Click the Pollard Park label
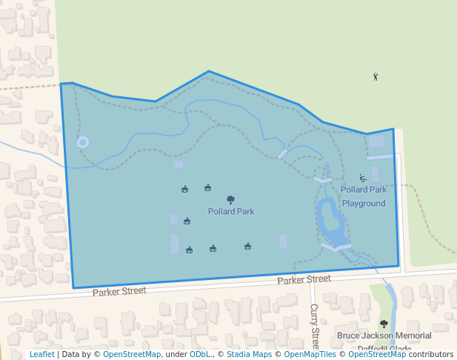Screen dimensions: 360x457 point(231,211)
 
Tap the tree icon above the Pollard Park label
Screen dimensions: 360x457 point(230,199)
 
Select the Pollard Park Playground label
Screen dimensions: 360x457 point(364,196)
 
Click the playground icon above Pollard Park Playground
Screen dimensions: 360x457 point(363,178)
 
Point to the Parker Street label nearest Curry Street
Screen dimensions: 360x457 point(304,279)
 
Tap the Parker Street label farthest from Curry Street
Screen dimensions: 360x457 point(119,291)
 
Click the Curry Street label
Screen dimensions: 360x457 point(314,326)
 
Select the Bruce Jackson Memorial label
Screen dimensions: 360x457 point(384,336)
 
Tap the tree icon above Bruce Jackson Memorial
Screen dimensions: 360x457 point(384,324)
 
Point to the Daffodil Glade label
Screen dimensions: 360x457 point(384,347)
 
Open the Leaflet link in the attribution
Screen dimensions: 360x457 point(41,354)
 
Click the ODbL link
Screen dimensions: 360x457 point(200,354)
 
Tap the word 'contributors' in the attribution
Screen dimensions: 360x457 point(430,354)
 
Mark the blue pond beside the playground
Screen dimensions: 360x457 point(330,221)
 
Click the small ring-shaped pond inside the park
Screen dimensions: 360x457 point(82,141)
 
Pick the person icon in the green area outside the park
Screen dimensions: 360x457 point(376,76)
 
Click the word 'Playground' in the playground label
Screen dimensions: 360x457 point(364,203)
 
